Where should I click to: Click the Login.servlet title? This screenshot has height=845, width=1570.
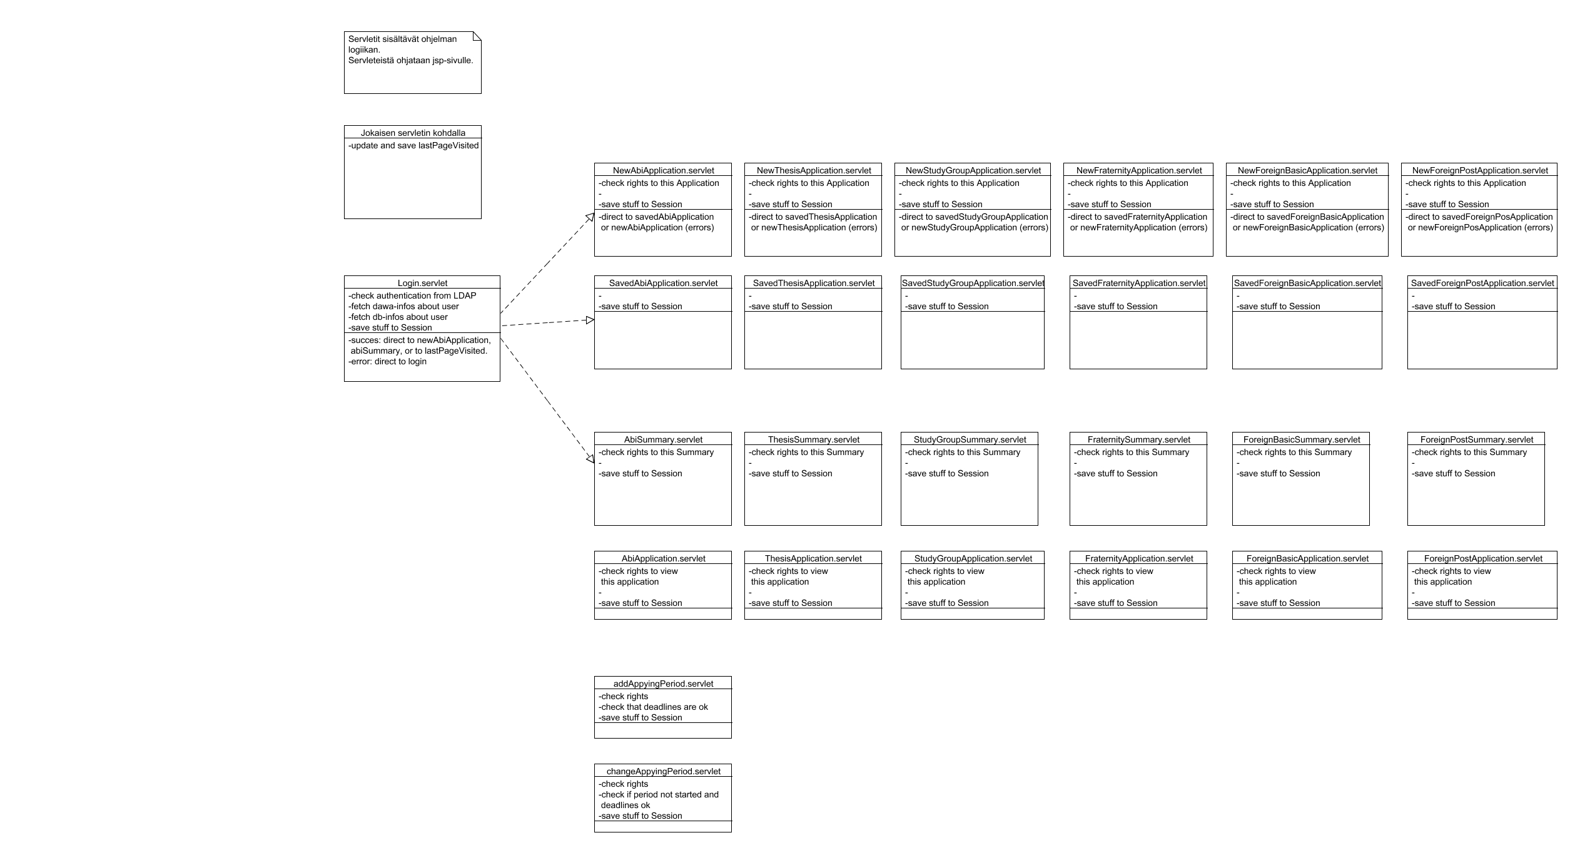pyautogui.click(x=422, y=283)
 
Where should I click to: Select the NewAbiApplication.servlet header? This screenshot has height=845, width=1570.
pyautogui.click(x=663, y=170)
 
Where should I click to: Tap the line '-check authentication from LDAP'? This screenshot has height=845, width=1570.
pyautogui.click(x=413, y=295)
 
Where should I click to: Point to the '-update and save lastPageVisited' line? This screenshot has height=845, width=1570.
pyautogui.click(x=413, y=145)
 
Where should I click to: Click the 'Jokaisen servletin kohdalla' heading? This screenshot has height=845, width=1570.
pyautogui.click(x=413, y=133)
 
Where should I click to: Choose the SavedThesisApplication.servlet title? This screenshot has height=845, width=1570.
pyautogui.click(x=813, y=283)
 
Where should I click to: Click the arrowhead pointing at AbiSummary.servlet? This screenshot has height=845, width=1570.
pyautogui.click(x=590, y=459)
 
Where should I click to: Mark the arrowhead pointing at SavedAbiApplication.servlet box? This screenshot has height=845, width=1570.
pyautogui.click(x=589, y=320)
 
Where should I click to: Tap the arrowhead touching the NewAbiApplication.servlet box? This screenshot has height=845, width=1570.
pyautogui.click(x=590, y=217)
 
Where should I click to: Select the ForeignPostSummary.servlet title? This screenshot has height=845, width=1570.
pyautogui.click(x=1476, y=439)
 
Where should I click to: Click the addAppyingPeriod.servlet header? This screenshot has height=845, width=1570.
pyautogui.click(x=663, y=684)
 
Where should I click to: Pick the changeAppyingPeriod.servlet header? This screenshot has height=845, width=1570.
pyautogui.click(x=663, y=771)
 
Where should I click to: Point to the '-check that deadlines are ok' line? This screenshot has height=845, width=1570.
pyautogui.click(x=654, y=707)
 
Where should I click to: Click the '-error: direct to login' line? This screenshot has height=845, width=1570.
pyautogui.click(x=388, y=361)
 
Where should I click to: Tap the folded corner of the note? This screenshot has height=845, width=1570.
pyautogui.click(x=477, y=36)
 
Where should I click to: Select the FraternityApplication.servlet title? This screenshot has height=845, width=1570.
pyautogui.click(x=1138, y=558)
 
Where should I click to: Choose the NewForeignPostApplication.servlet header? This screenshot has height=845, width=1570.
pyautogui.click(x=1479, y=170)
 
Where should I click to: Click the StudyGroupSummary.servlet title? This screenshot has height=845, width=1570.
pyautogui.click(x=970, y=439)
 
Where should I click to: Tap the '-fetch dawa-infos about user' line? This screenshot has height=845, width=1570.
pyautogui.click(x=404, y=306)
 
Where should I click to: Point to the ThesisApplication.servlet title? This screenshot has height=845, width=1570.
pyautogui.click(x=813, y=558)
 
